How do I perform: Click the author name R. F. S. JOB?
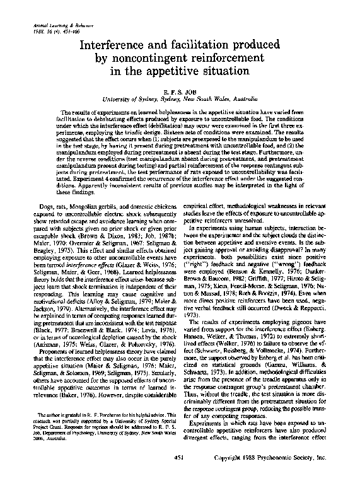(x=180, y=91)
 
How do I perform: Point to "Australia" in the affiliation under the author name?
(x=251, y=100)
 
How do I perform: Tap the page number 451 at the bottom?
(x=180, y=456)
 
